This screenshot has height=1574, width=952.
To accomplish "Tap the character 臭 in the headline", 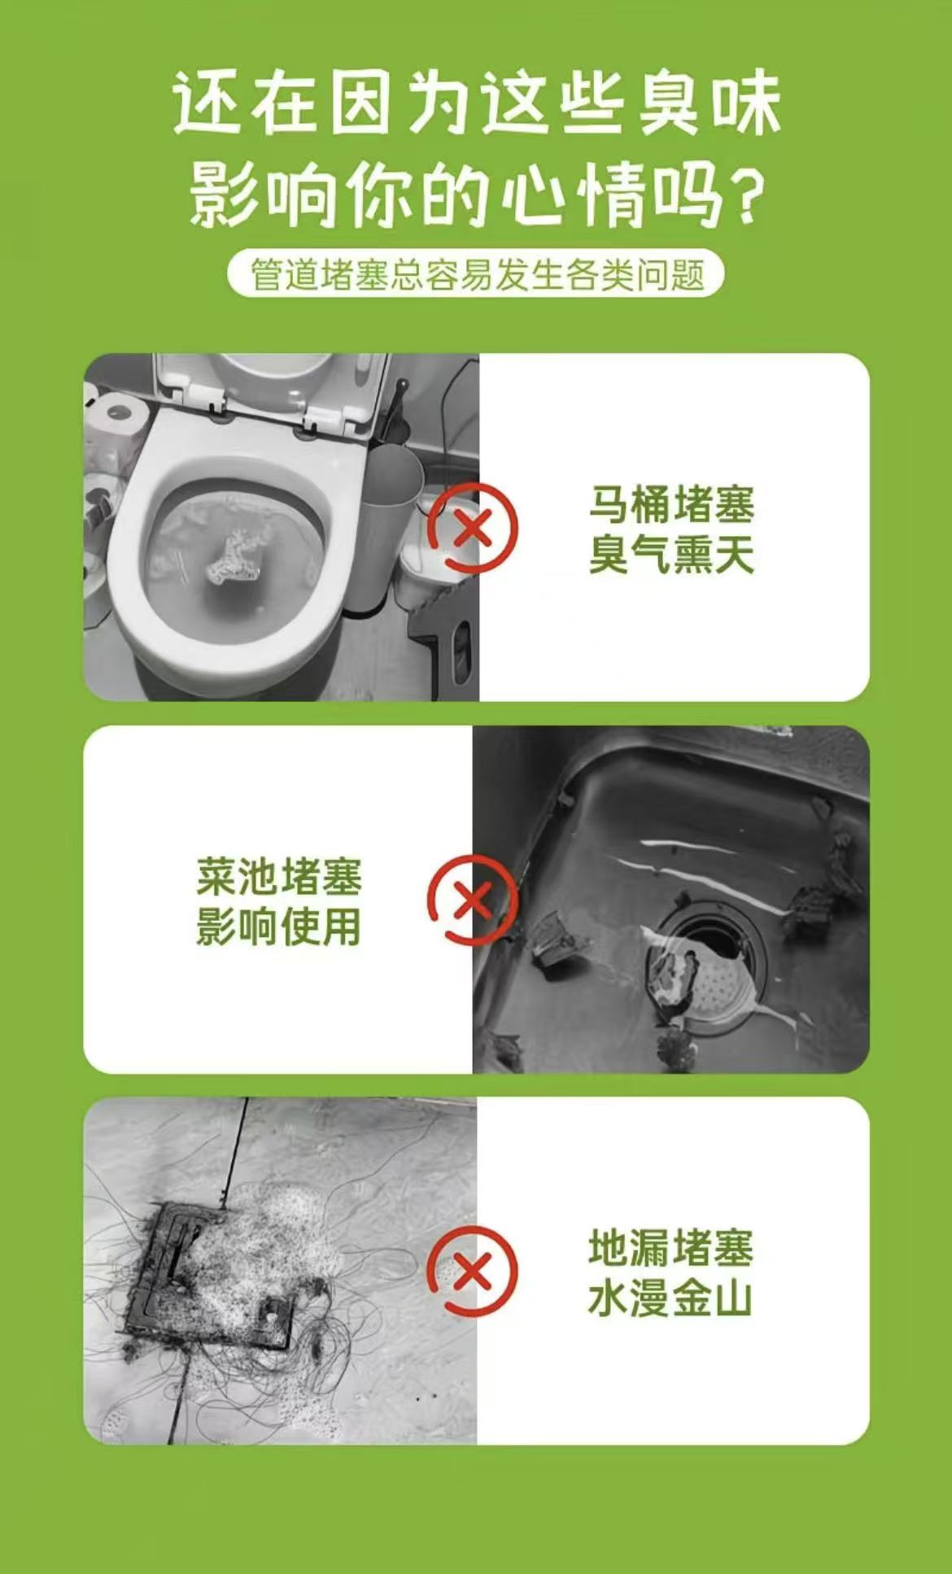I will (x=667, y=103).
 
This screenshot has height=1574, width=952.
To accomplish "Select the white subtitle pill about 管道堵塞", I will (x=476, y=274).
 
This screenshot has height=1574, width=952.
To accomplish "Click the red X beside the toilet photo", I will (x=473, y=529).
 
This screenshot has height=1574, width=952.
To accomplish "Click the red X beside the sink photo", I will (x=472, y=900).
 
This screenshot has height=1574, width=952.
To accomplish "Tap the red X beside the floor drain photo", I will (x=472, y=1271).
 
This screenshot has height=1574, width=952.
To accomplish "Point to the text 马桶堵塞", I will (x=672, y=504).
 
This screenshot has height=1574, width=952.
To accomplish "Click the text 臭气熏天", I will (x=672, y=555).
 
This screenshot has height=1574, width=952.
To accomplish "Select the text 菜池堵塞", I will (x=279, y=876).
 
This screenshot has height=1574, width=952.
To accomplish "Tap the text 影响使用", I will (x=279, y=927).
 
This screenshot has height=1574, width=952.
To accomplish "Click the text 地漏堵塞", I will (x=672, y=1248).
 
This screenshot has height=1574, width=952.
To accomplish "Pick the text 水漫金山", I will (x=670, y=1298).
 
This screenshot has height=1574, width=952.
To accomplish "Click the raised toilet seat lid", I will (x=269, y=386).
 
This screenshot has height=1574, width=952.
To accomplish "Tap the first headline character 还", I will (x=203, y=103).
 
